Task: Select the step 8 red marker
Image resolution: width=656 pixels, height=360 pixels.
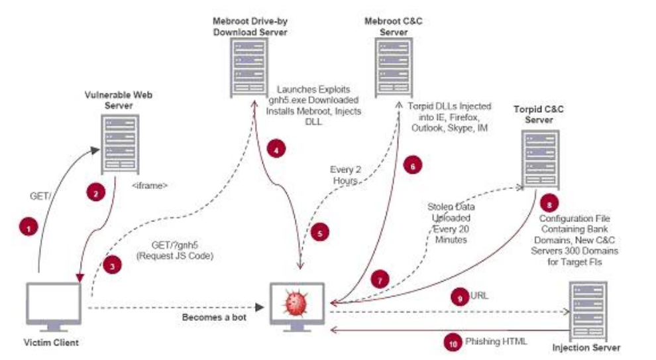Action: [x=548, y=201]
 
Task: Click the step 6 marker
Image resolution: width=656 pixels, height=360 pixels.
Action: [x=412, y=167]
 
